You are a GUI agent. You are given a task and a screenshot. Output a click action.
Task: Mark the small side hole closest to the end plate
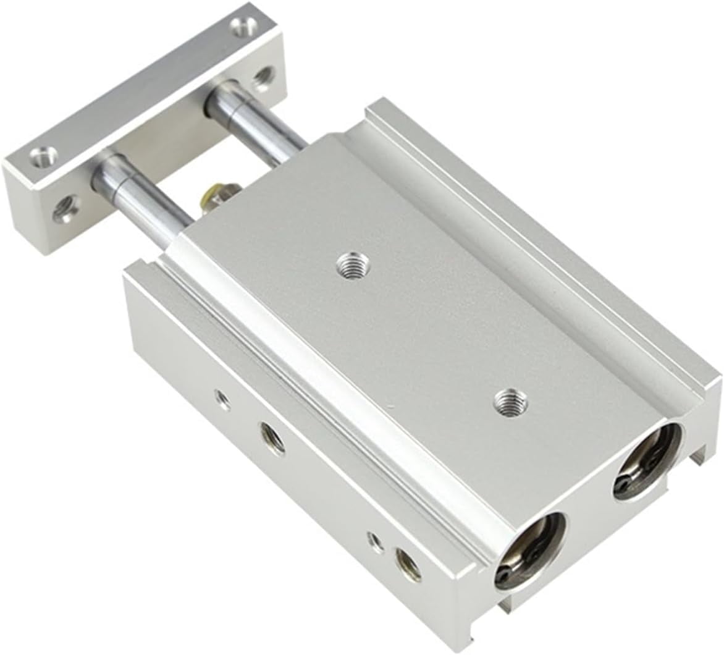tap(219, 399)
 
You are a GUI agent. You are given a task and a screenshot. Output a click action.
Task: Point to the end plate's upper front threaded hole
tap(263, 77)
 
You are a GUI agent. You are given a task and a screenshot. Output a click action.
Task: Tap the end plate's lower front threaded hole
tap(63, 210)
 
